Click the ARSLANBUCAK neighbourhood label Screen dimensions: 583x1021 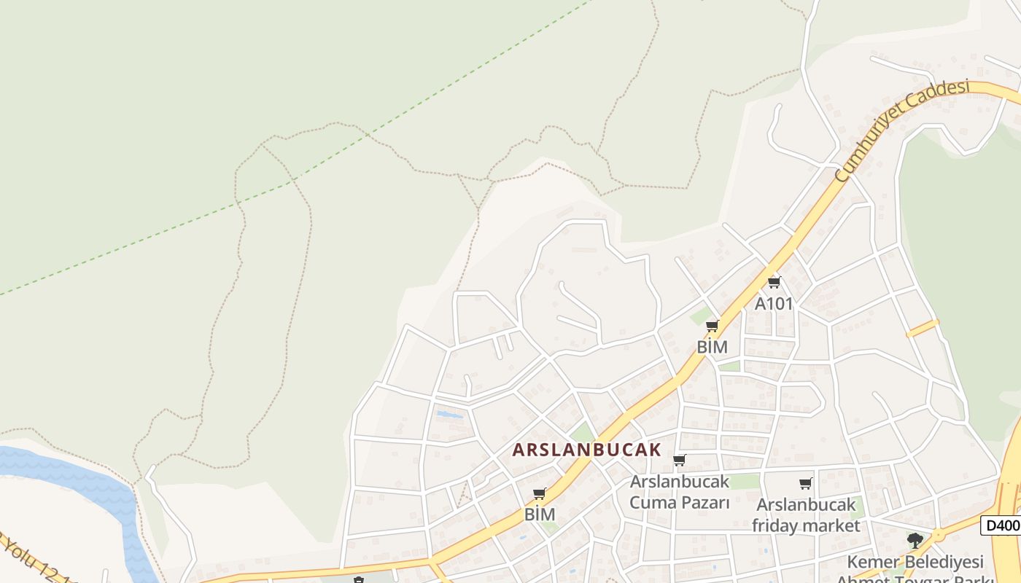(x=586, y=450)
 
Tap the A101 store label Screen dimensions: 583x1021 (x=773, y=303)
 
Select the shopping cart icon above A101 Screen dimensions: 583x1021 (x=774, y=282)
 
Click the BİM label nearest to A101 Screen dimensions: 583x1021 (x=712, y=347)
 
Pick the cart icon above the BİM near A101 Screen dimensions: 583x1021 (x=713, y=326)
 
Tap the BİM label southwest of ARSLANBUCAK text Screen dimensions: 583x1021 (x=540, y=514)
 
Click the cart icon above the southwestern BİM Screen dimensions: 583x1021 (x=540, y=494)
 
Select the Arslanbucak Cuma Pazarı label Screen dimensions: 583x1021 (x=680, y=492)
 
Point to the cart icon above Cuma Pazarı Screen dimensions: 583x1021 (x=680, y=460)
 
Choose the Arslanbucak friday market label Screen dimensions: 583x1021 (x=806, y=514)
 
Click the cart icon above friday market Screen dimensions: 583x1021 (x=806, y=483)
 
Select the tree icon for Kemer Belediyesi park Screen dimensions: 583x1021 (x=915, y=540)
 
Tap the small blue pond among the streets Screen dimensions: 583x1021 (x=449, y=415)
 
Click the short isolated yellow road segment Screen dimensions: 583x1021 (x=923, y=328)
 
